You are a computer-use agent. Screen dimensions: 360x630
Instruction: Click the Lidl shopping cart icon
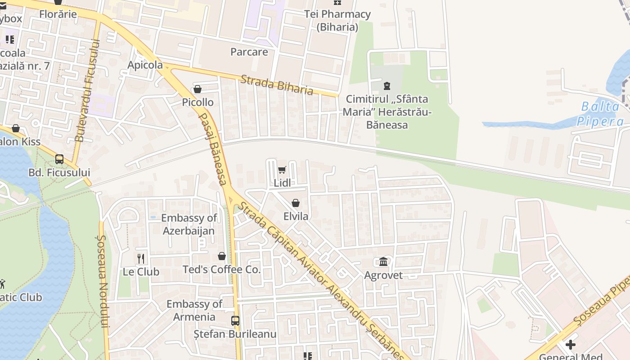[282, 170]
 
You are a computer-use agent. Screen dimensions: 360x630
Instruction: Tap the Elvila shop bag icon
[296, 203]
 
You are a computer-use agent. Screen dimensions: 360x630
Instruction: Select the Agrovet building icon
[383, 261]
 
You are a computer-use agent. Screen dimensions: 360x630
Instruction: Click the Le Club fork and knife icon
[141, 258]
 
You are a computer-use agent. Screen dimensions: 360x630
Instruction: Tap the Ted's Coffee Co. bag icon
[222, 256]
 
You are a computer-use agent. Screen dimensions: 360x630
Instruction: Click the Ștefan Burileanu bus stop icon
[235, 321]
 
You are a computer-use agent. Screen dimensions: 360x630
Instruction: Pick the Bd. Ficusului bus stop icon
[59, 159]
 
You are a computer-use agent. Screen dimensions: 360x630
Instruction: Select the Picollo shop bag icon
[197, 89]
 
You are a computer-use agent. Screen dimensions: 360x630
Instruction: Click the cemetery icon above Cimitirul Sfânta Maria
[387, 85]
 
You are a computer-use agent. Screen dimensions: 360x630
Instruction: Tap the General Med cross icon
[571, 345]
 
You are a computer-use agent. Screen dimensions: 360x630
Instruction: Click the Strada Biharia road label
[277, 85]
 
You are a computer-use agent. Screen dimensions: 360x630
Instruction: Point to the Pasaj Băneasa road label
[213, 149]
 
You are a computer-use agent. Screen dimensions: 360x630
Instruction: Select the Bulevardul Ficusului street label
[87, 90]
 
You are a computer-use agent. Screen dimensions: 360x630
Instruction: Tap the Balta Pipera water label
[600, 114]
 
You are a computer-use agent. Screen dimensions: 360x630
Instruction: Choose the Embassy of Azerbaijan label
[189, 224]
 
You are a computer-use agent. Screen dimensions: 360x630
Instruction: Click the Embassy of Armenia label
[194, 310]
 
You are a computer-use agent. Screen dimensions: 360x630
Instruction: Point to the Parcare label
[249, 52]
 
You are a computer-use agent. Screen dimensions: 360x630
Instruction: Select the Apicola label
[145, 65]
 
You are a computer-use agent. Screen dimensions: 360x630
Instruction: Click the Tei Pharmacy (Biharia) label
[337, 20]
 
